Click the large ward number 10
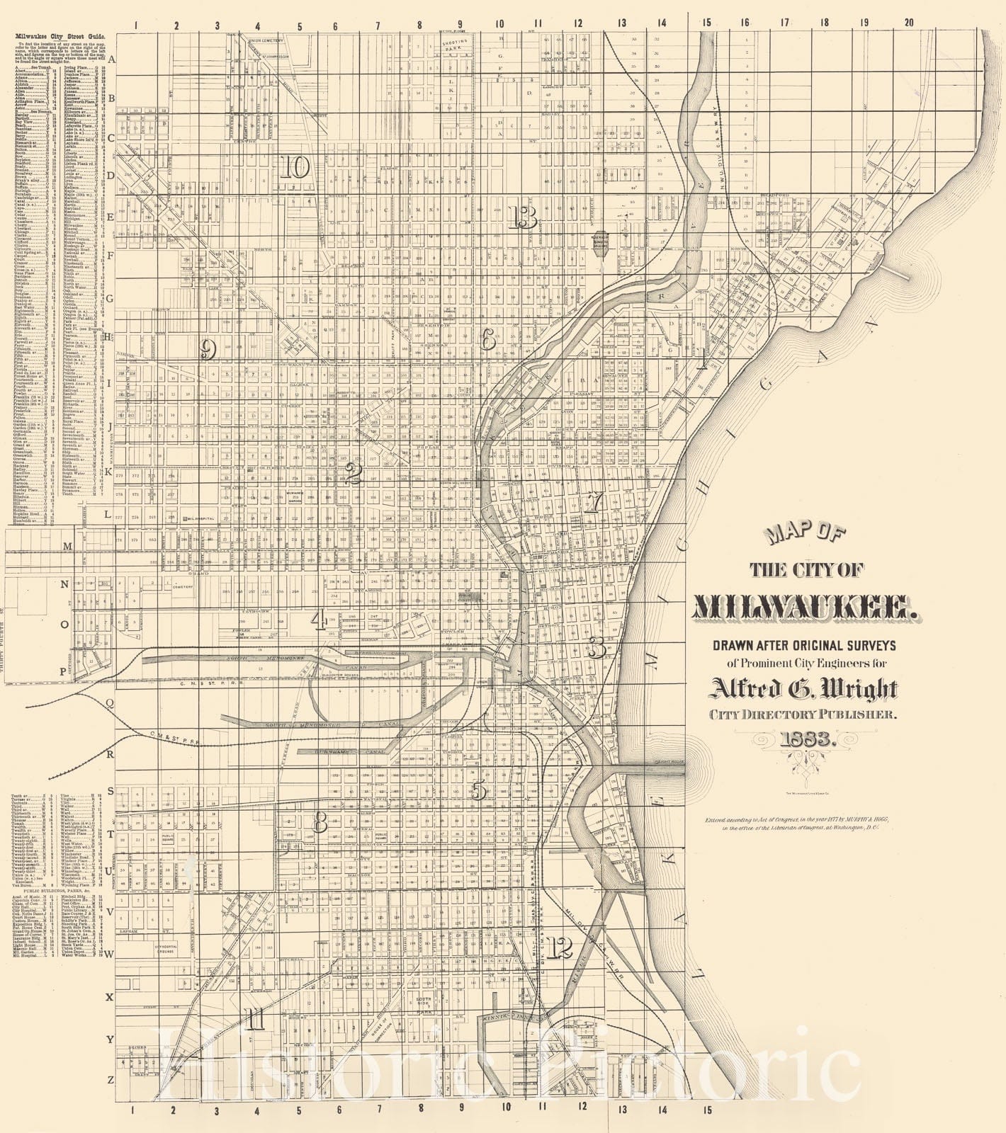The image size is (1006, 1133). pos(295,168)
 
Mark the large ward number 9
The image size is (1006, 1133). pos(208,349)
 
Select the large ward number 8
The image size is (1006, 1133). pos(320,822)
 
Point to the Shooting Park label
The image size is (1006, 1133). pos(459,47)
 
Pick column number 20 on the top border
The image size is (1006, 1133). pos(909,23)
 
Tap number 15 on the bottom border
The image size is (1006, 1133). pos(706,1110)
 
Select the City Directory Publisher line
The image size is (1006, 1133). pos(804,714)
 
